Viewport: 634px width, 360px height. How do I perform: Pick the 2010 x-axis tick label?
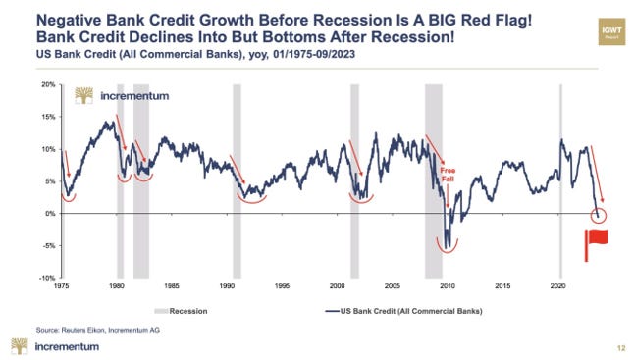pyautogui.click(x=448, y=287)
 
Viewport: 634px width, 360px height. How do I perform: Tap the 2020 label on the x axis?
pyautogui.click(x=557, y=287)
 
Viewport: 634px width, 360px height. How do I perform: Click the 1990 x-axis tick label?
pyautogui.click(x=227, y=287)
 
